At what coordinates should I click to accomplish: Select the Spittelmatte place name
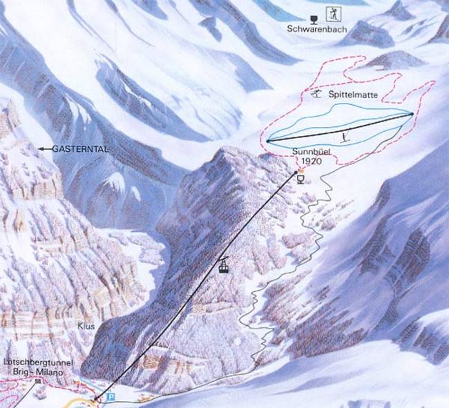pyautogui.click(x=349, y=95)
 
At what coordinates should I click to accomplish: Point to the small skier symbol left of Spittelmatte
pyautogui.click(x=316, y=93)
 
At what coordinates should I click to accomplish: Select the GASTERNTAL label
pyautogui.click(x=73, y=148)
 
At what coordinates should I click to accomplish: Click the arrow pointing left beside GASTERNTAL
pyautogui.click(x=43, y=148)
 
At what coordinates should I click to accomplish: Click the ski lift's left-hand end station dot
pyautogui.click(x=267, y=142)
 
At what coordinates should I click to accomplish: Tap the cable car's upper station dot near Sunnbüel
pyautogui.click(x=296, y=172)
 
